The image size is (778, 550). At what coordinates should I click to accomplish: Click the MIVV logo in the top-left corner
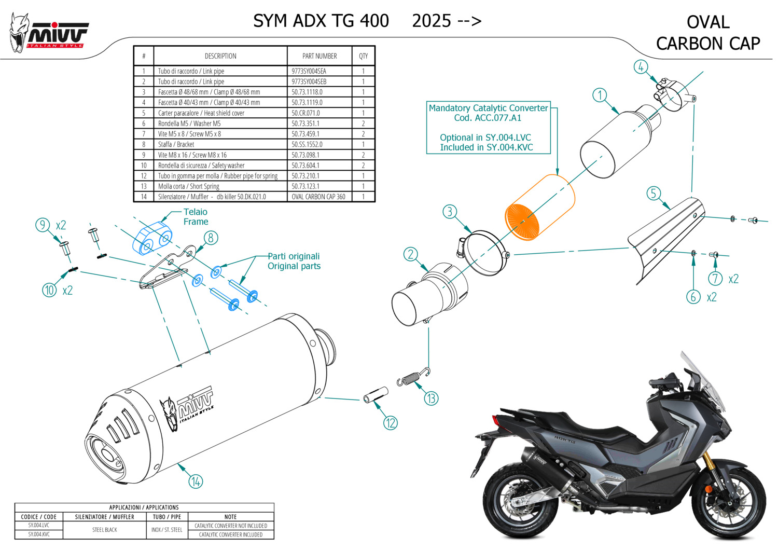(x=49, y=33)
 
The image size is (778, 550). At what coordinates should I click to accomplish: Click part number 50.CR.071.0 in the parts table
(x=305, y=113)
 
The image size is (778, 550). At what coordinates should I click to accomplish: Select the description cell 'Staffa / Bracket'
(x=176, y=144)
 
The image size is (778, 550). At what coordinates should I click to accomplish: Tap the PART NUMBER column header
(x=319, y=56)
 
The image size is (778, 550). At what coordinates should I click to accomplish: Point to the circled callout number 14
(x=196, y=482)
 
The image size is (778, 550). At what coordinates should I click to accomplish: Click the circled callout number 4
(x=641, y=67)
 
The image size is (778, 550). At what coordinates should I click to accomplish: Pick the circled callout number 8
(x=211, y=238)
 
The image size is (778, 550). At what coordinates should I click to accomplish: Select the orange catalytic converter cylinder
(x=539, y=207)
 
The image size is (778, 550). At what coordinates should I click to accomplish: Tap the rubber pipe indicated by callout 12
(x=376, y=395)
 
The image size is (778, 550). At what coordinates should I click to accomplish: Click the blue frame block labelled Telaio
(x=152, y=238)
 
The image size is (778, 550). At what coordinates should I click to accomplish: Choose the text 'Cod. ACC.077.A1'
(x=488, y=118)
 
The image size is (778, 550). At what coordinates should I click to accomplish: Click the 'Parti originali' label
(x=294, y=256)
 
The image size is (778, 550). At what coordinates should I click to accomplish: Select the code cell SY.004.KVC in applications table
(x=39, y=534)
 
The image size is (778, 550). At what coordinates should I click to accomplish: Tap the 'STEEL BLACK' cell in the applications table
(x=105, y=530)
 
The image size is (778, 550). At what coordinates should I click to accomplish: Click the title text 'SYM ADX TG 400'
(x=321, y=21)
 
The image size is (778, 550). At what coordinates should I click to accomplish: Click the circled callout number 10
(x=49, y=290)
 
